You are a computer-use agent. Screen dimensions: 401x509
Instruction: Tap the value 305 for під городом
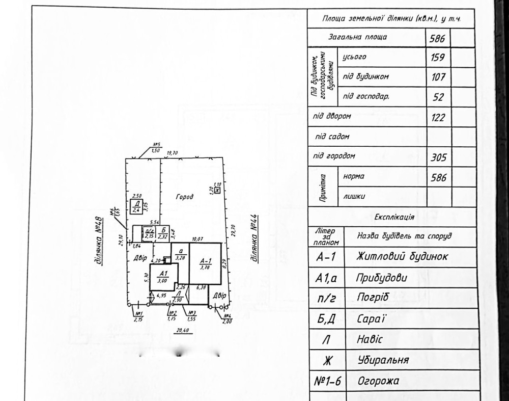tap(438, 158)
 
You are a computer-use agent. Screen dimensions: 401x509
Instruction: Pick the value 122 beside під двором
tap(438, 118)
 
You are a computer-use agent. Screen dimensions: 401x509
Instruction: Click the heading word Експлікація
tap(393, 217)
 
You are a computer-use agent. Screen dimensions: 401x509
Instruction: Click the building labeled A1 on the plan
tap(162, 276)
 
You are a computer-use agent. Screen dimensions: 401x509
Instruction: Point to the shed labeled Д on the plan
tap(136, 206)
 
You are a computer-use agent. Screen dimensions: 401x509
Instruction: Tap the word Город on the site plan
tap(185, 197)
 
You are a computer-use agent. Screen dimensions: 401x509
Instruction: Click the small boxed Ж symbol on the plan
tap(217, 190)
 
